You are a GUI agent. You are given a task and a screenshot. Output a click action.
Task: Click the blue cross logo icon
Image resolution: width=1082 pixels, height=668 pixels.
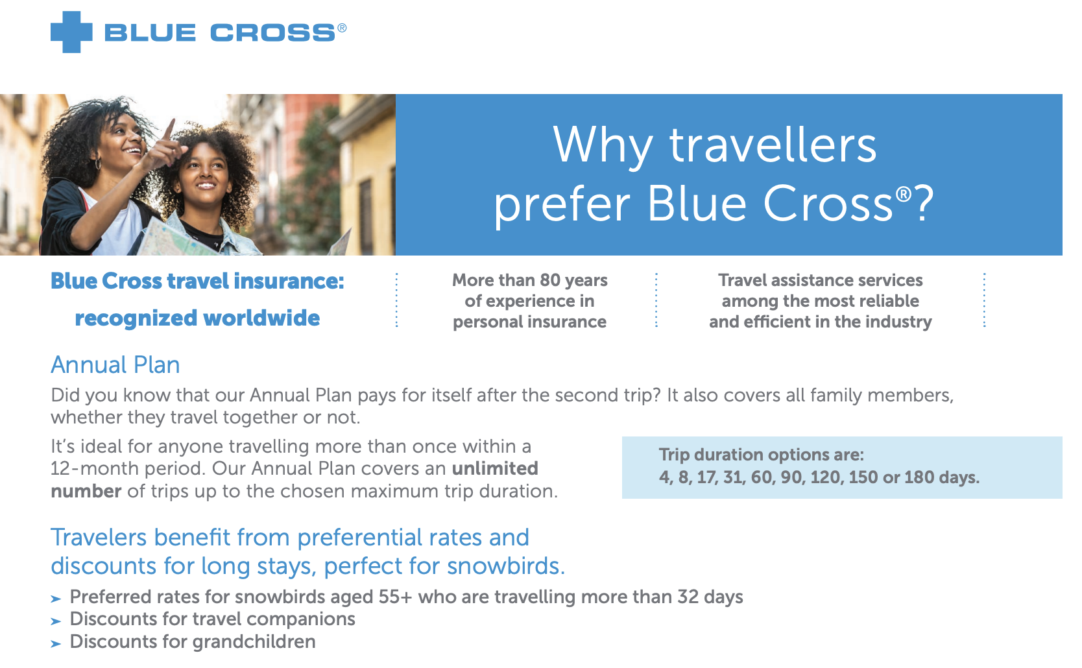(71, 32)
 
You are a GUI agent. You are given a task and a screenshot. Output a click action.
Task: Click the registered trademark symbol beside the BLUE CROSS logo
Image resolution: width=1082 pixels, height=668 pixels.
(342, 28)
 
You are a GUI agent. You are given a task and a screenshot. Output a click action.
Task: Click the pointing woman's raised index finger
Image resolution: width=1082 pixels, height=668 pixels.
(171, 129)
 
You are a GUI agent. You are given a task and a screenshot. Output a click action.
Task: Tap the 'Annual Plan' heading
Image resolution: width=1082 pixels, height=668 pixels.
(115, 365)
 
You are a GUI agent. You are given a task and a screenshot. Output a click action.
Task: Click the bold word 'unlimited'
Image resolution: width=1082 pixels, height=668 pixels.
(495, 468)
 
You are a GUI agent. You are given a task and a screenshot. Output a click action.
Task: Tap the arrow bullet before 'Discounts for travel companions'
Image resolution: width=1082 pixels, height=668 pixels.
(56, 621)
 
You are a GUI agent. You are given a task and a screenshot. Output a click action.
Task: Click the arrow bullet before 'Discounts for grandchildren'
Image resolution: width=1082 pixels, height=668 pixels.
(56, 643)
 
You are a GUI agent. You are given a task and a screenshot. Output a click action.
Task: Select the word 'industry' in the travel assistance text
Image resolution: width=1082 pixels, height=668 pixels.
(900, 322)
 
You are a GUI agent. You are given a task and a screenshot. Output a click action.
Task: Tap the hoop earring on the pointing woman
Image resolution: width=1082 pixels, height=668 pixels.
(99, 163)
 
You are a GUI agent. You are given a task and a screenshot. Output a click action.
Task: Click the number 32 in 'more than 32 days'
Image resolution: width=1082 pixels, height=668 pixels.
(688, 597)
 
